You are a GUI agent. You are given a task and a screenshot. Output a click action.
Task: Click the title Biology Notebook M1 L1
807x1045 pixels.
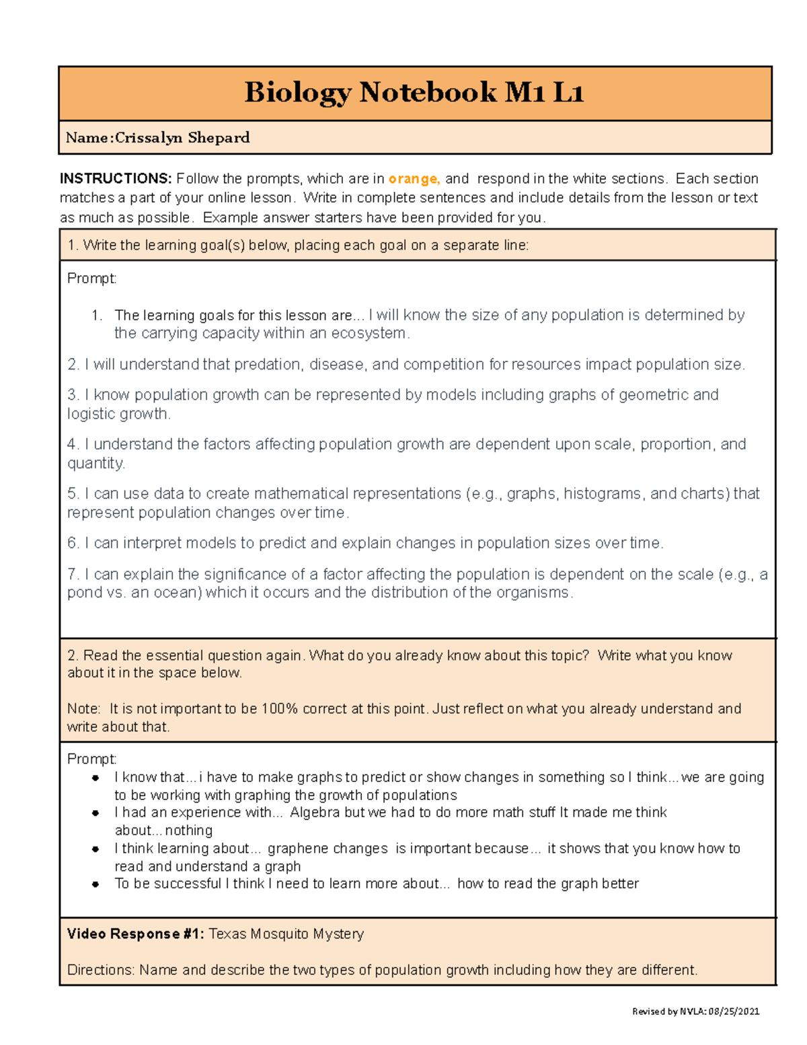coord(414,92)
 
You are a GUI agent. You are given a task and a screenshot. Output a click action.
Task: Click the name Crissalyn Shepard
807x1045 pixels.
coord(182,138)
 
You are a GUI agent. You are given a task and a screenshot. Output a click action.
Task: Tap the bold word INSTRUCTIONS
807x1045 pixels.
coord(115,179)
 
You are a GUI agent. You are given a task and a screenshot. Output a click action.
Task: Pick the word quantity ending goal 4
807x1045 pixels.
coord(95,464)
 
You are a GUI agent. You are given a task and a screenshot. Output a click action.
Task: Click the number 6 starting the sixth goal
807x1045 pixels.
coord(73,543)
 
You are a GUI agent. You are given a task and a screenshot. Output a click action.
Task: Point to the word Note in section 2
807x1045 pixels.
coord(83,709)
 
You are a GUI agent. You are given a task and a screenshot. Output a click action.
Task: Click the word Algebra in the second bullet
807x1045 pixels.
coord(315,813)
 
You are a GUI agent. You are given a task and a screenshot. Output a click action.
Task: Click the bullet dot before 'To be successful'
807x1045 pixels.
coord(95,884)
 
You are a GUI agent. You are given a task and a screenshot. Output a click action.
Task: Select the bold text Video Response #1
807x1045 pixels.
coord(135,934)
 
